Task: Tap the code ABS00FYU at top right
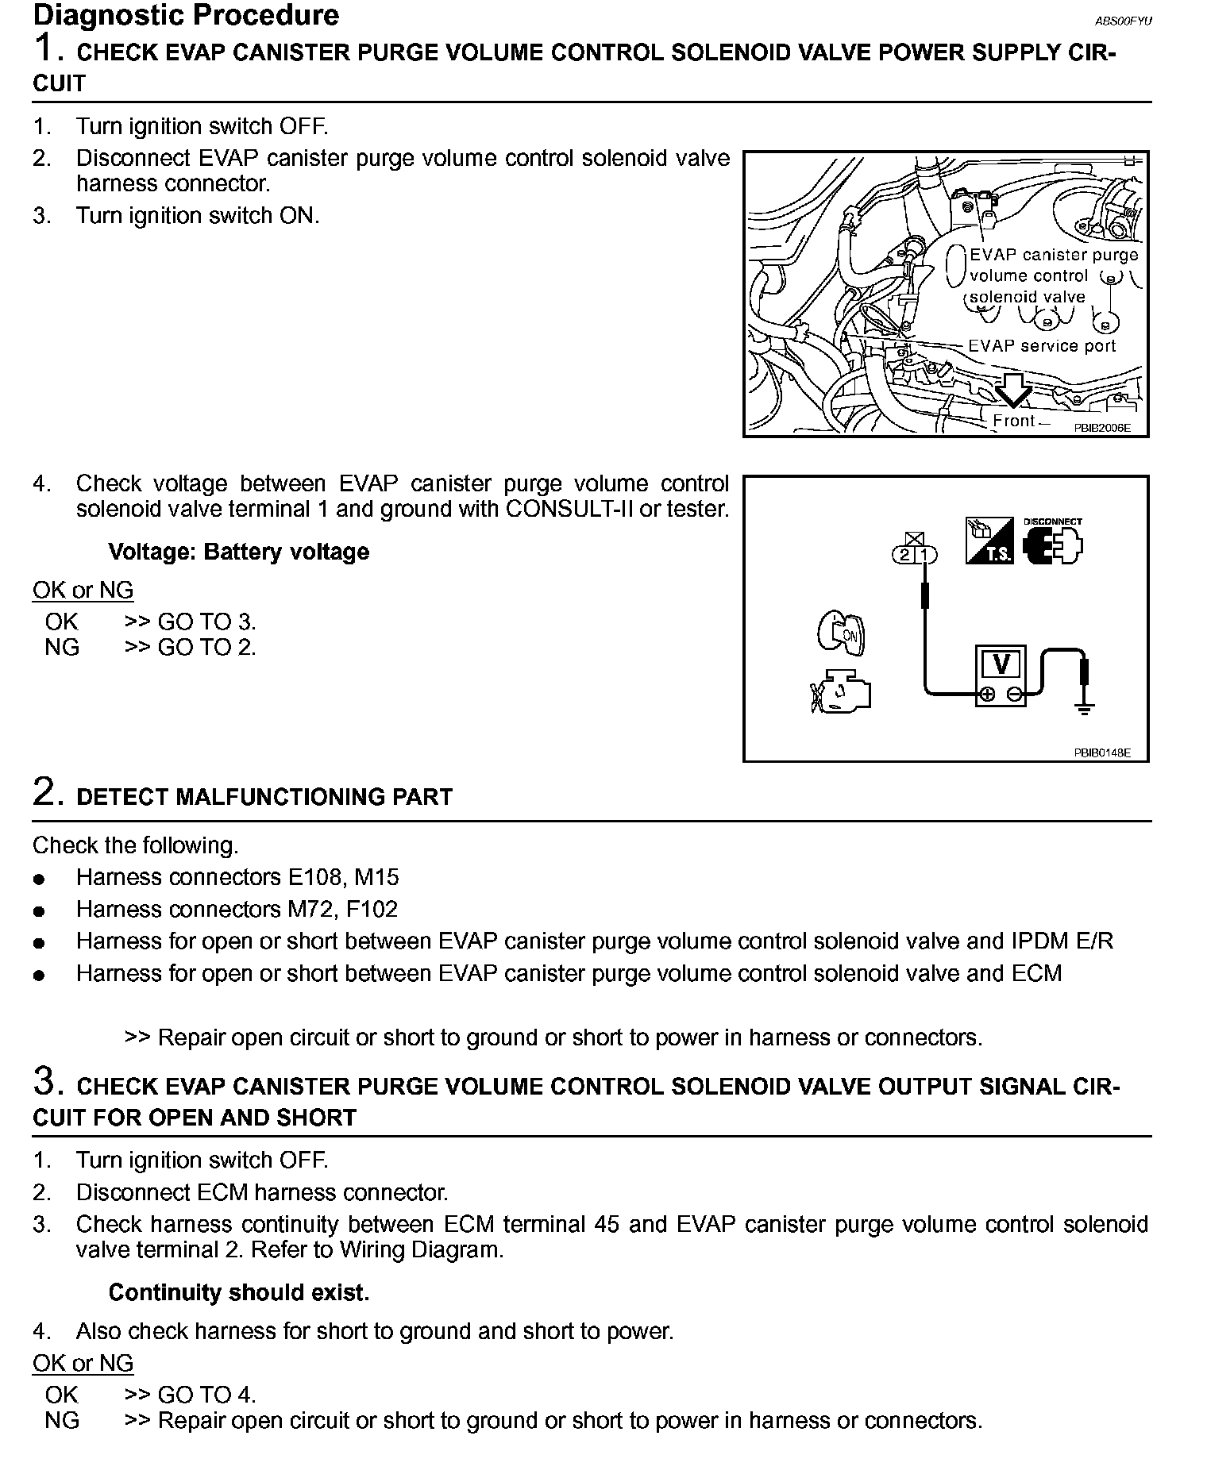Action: (1123, 21)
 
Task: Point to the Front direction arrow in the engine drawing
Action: (1013, 391)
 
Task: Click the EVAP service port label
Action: (1042, 346)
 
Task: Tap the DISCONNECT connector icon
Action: (1053, 544)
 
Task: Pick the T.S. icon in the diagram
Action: (989, 541)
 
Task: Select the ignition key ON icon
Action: (842, 633)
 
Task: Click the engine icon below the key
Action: (841, 690)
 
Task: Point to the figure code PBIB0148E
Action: (1102, 752)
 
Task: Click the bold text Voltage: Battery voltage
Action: (239, 552)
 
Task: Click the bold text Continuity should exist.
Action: (239, 1293)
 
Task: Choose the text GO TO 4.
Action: (206, 1395)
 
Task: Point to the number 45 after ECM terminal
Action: (607, 1225)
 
